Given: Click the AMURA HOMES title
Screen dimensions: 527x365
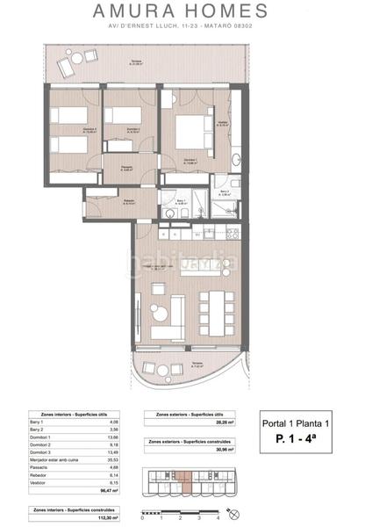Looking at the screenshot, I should pos(182,11).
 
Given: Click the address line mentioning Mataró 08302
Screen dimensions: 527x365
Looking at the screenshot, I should pos(182,28).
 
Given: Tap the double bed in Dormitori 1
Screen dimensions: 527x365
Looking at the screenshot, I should pos(188,133).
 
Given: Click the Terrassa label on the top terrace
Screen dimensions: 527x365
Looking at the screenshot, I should pos(132,64).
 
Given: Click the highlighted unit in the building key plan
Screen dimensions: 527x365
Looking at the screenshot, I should pos(187,480).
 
